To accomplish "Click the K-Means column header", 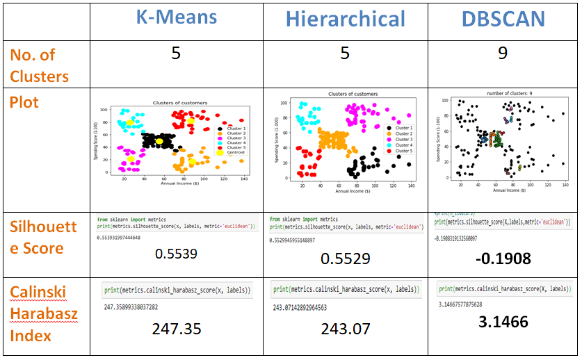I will pos(176,18).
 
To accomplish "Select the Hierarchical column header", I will pos(345,19).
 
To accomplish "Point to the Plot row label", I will pos(24,102).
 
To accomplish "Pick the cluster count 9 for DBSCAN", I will pos(503,54).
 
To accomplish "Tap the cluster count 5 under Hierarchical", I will pos(345,54).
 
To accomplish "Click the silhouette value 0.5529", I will pos(345,259).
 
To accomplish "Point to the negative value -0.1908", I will pos(503,258).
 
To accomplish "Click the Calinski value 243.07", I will pos(345,329).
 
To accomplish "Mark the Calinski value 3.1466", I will pos(503,322).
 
